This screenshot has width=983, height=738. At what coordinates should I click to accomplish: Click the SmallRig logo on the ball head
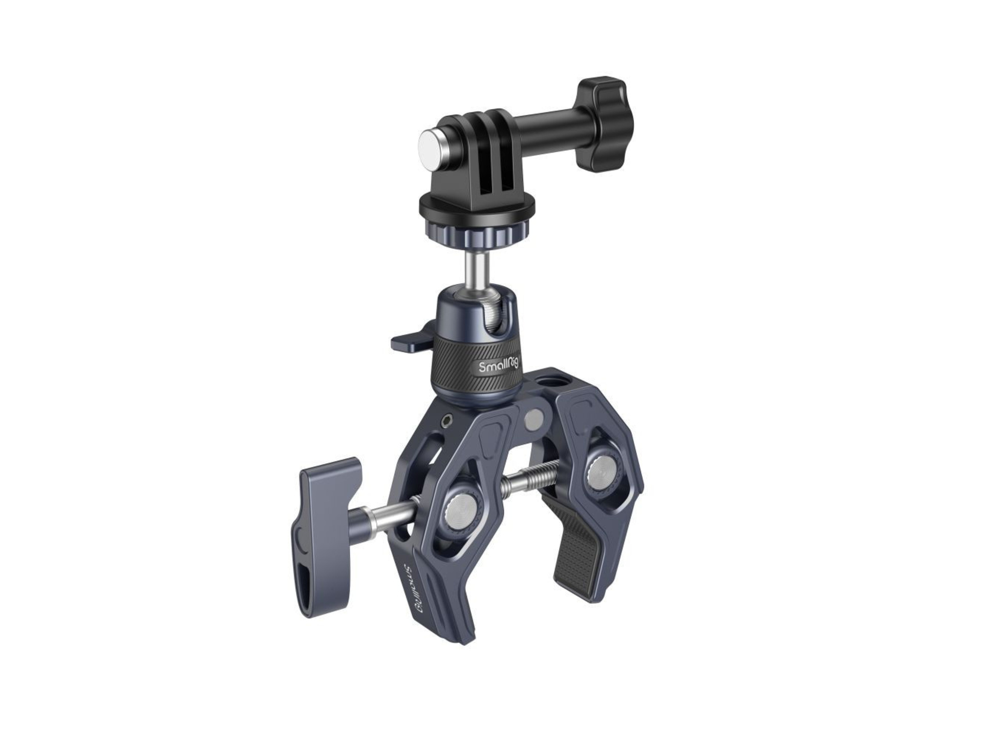(x=498, y=365)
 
